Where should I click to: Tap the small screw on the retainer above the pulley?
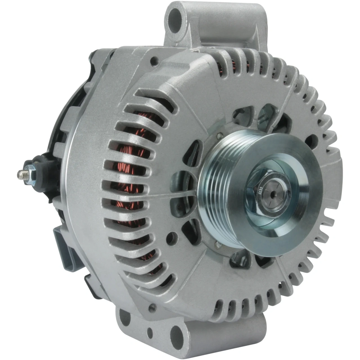(x=219, y=136)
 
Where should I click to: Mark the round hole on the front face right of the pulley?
(x=310, y=139)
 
